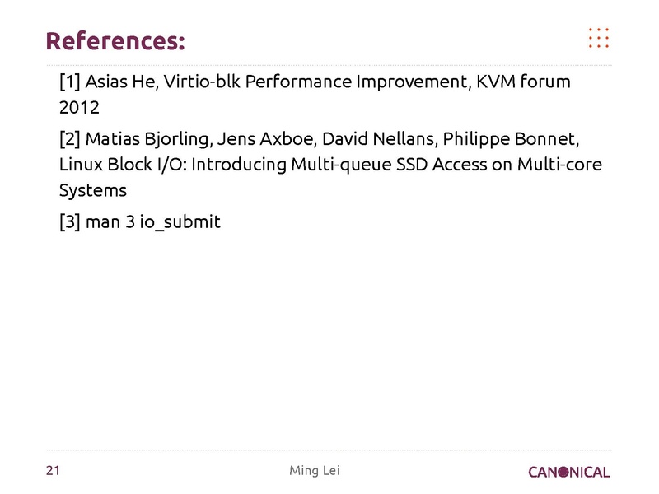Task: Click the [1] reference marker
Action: [69, 82]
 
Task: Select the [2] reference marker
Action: [70, 136]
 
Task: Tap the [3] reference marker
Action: [70, 221]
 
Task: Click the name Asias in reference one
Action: [107, 82]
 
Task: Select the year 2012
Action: [79, 109]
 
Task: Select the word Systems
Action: [93, 190]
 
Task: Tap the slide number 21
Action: [54, 471]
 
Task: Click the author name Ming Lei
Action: [314, 471]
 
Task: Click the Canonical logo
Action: [569, 472]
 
